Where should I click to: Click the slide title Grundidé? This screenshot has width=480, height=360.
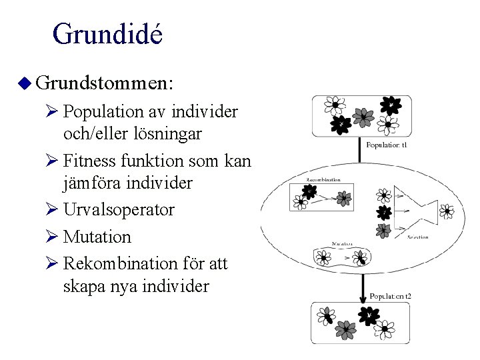107,34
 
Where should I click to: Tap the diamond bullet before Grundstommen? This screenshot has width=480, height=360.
25,83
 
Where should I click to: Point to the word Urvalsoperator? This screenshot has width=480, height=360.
119,210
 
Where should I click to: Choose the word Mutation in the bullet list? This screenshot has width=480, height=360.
98,237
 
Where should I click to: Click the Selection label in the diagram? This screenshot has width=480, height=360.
418,237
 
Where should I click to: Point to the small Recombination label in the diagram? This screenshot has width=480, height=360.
323,179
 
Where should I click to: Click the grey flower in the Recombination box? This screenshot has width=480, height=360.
344,197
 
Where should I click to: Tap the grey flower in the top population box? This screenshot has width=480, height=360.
363,117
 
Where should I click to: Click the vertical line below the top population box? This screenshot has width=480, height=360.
361,150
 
